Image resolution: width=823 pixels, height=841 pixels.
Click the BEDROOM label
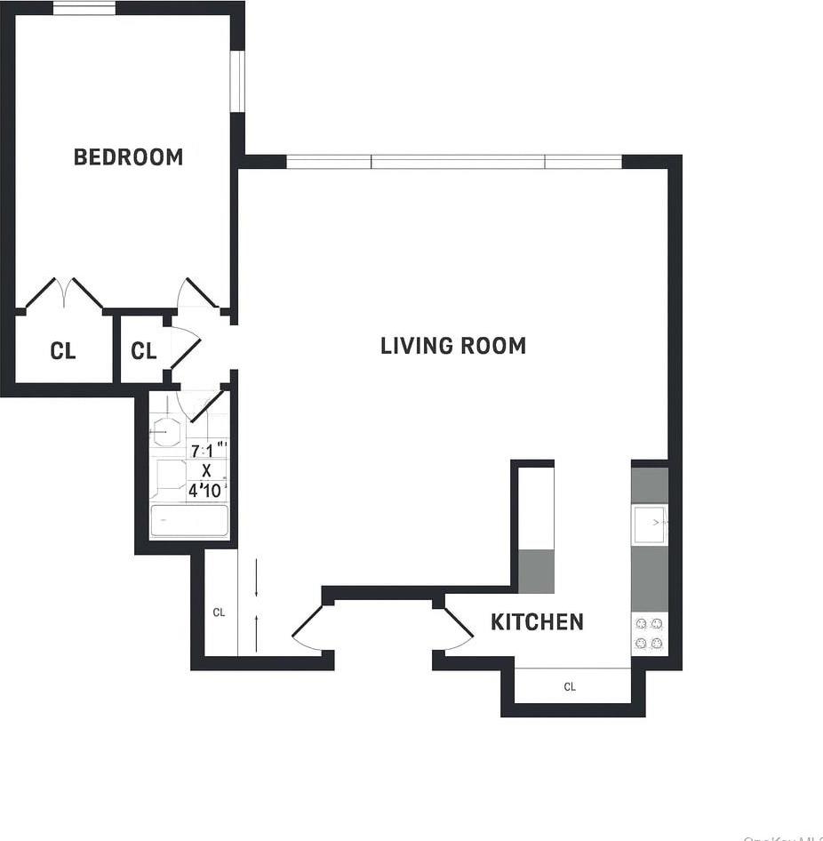[128, 157]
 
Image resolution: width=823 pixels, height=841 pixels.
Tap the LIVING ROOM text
[452, 346]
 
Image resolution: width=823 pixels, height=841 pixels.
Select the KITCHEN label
[537, 622]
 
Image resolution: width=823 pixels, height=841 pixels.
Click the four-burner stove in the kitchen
[649, 634]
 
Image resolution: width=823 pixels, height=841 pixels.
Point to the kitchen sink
[649, 524]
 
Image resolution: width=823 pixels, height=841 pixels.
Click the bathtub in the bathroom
[188, 521]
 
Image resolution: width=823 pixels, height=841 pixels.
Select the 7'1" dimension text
[207, 451]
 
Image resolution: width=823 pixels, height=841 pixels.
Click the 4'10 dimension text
[206, 490]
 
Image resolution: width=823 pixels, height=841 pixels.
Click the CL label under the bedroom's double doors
[62, 351]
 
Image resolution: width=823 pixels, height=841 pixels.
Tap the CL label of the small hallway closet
[143, 351]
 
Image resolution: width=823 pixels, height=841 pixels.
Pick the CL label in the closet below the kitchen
[570, 687]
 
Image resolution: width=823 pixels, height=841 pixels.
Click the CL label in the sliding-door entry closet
[219, 613]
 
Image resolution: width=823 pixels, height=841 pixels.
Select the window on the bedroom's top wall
[84, 9]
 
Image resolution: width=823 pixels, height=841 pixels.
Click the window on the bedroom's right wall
[236, 81]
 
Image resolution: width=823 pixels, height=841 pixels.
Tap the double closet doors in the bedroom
[63, 293]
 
